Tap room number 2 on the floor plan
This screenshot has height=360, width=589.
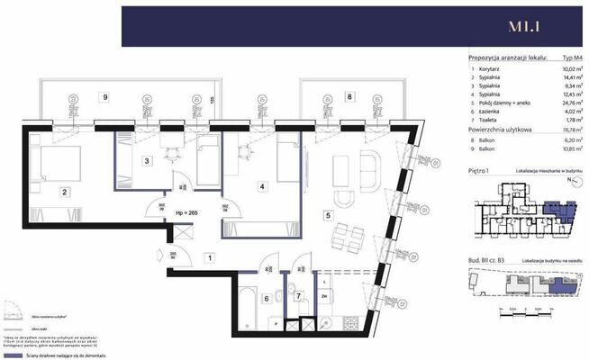tap(66, 192)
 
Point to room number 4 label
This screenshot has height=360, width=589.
tap(261, 187)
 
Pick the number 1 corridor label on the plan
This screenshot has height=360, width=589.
tap(209, 259)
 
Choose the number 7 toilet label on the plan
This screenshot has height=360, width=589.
tap(298, 295)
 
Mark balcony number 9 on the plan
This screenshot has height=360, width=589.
tap(106, 96)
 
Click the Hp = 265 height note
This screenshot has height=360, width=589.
tap(186, 212)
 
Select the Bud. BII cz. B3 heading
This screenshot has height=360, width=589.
tap(490, 259)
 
